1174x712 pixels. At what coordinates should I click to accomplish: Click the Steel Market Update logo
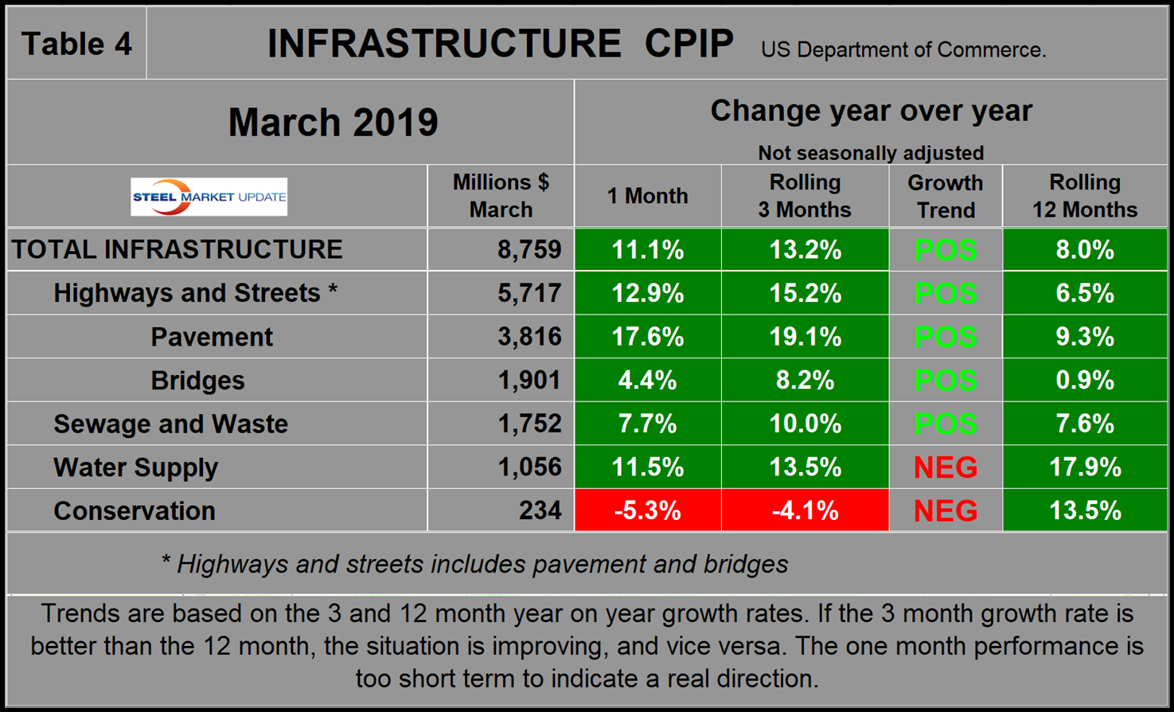coord(209,197)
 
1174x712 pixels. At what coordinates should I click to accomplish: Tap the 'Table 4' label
coord(76,44)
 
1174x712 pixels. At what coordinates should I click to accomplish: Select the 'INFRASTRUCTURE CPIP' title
coord(500,44)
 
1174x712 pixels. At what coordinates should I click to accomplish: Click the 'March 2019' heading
coord(333,123)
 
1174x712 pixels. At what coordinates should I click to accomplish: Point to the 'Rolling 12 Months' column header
coord(1084,196)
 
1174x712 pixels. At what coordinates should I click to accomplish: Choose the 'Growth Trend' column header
coord(945,196)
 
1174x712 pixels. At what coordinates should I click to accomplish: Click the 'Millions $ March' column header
coord(501,196)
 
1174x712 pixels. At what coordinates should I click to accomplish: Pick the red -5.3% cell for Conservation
coord(647,511)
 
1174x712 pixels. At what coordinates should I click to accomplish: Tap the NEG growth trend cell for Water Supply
coord(945,467)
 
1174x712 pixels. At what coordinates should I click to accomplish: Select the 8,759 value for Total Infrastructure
coord(529,250)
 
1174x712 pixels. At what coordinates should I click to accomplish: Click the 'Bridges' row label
coord(197,381)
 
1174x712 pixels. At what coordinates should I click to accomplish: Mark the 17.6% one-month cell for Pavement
coord(647,337)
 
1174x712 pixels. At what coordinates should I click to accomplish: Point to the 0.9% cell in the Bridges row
coord(1084,381)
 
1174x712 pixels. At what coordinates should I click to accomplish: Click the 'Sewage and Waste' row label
coord(170,424)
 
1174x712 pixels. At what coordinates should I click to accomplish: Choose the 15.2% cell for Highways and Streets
coord(805,293)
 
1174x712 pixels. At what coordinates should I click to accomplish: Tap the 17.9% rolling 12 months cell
coord(1084,467)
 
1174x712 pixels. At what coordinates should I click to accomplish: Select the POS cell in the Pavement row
coord(945,337)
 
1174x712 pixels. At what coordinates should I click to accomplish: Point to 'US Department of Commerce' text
coord(903,50)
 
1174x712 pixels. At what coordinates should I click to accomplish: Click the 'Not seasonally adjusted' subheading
coord(870,152)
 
